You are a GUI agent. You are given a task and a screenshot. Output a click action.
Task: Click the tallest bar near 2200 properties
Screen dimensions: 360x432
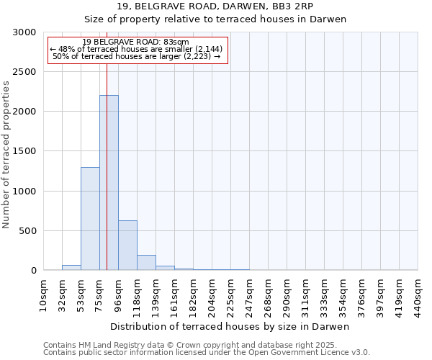(x=109, y=183)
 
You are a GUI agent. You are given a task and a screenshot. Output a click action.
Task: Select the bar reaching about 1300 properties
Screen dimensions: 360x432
(x=90, y=219)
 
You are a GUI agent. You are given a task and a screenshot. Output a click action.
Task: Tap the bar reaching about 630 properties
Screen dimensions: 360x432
(x=127, y=246)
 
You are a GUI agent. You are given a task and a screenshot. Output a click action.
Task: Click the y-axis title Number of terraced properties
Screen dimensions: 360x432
(x=6, y=154)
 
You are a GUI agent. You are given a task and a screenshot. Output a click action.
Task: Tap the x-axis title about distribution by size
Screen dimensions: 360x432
(x=230, y=327)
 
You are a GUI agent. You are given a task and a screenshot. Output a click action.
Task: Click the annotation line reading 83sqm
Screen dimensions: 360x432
(x=136, y=42)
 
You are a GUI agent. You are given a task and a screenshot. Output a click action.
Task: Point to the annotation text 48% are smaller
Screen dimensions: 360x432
(x=136, y=49)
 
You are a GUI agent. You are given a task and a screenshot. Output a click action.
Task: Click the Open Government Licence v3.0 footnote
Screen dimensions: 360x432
(x=207, y=353)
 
